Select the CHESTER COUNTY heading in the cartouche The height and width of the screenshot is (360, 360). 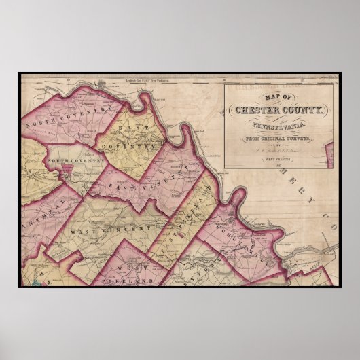point(278,111)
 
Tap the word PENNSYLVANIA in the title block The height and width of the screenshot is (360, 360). point(278,126)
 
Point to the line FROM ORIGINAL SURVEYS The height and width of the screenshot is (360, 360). point(278,138)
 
